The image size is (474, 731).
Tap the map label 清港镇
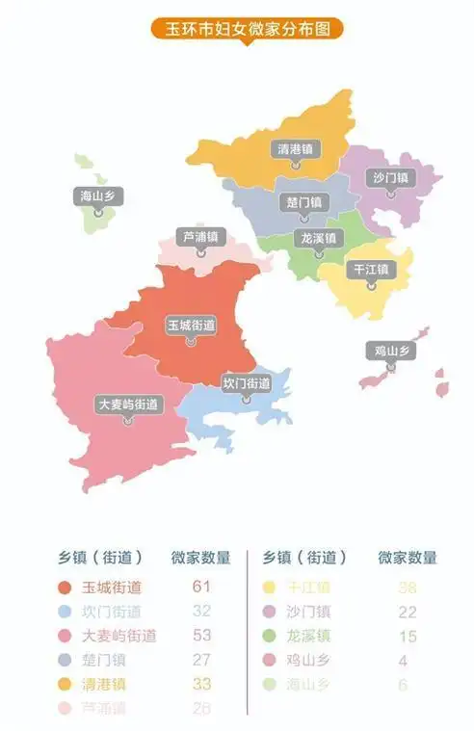click(295, 149)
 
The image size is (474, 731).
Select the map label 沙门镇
click(390, 177)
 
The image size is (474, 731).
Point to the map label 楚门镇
click(304, 202)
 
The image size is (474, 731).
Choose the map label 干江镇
click(370, 269)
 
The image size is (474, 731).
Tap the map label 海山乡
click(98, 196)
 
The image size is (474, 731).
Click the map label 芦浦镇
click(200, 236)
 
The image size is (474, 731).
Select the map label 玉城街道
click(191, 326)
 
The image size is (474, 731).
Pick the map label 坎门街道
click(246, 383)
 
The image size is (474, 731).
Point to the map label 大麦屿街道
click(128, 405)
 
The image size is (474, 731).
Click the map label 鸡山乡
click(390, 351)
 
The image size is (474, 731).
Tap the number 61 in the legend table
click(201, 586)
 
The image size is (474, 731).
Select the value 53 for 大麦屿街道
click(201, 636)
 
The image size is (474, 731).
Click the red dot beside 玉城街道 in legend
click(65, 587)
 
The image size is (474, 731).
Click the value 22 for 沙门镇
click(408, 611)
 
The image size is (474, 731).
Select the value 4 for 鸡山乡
click(408, 661)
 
